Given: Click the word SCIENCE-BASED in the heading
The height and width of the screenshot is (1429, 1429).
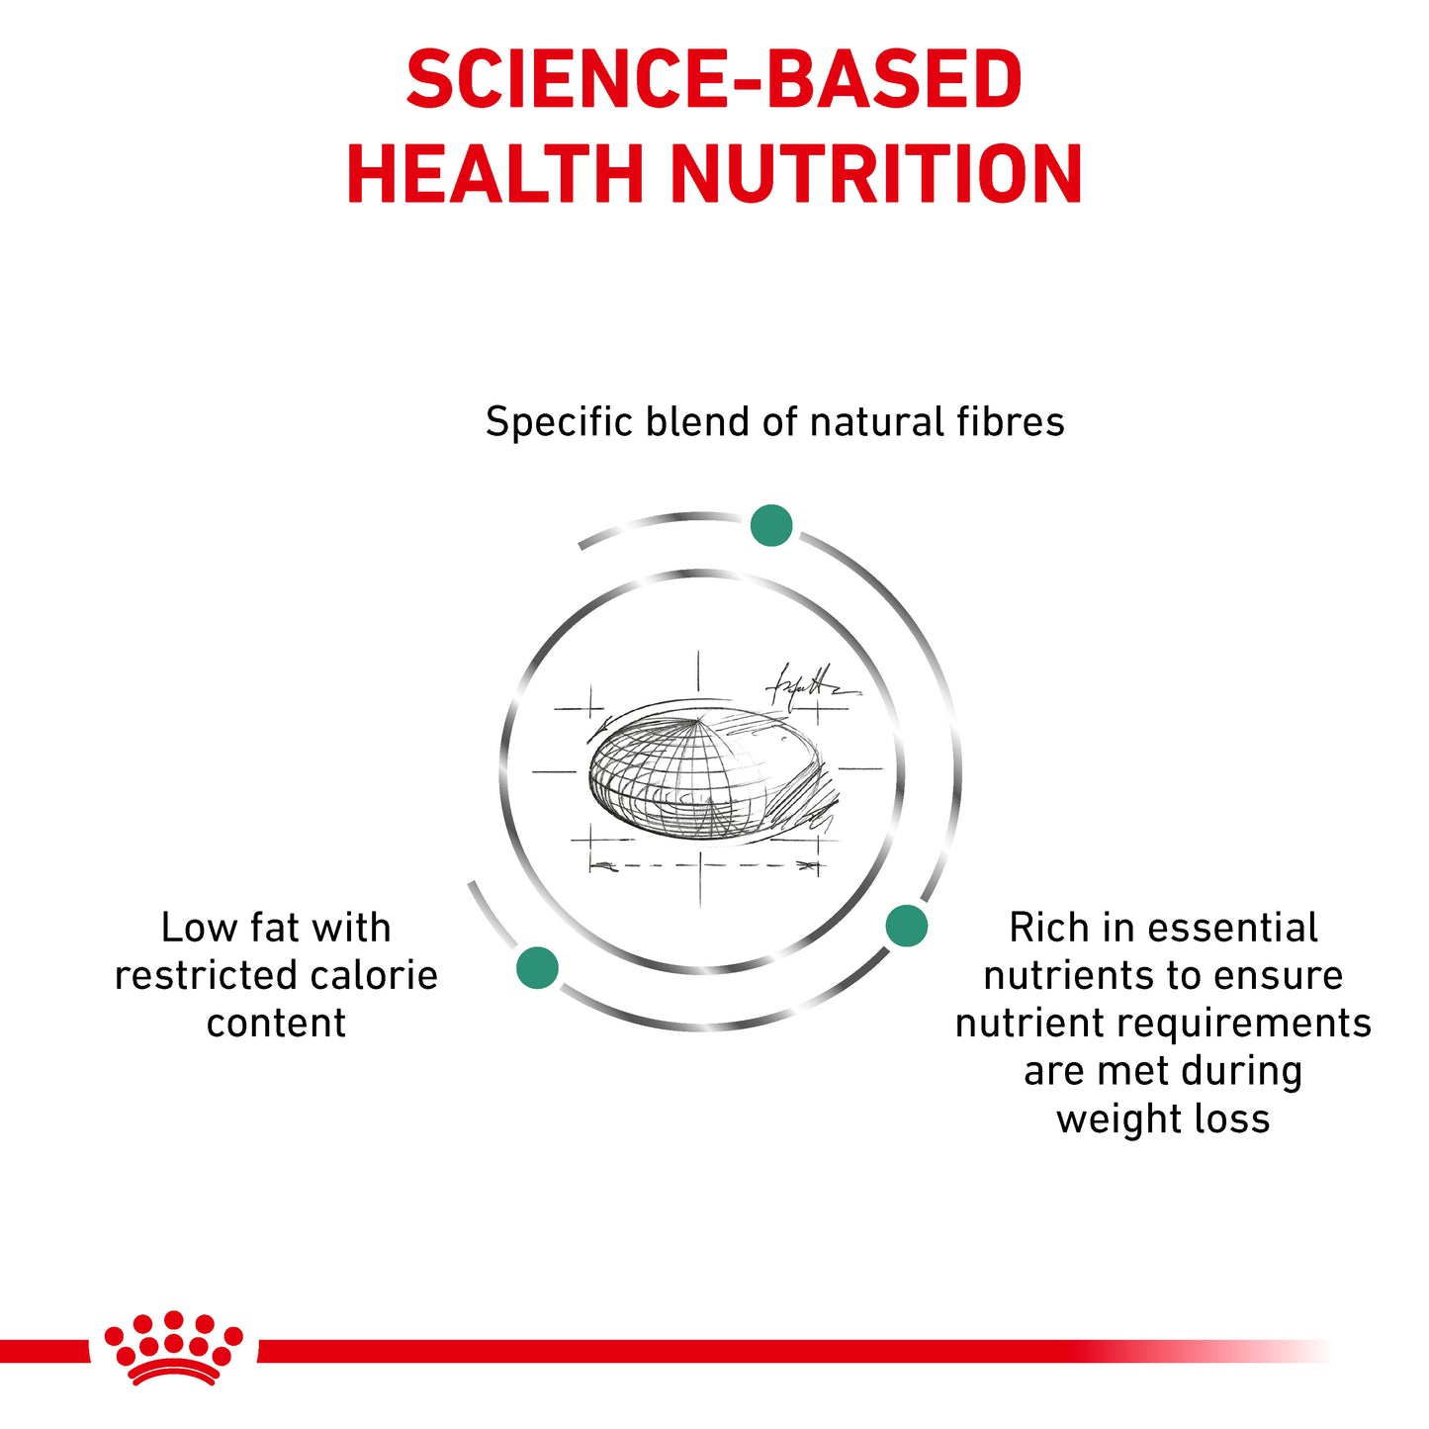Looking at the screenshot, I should point(714,80).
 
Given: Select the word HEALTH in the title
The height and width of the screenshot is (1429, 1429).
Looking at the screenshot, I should point(494,174).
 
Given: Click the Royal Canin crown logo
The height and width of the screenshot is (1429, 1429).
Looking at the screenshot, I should point(173,1347).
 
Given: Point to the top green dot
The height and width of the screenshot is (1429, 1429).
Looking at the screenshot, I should point(771,525).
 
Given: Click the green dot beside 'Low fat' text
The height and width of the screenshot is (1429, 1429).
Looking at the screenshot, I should point(537,967).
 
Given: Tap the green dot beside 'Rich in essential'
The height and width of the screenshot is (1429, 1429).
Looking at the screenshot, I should point(906,927).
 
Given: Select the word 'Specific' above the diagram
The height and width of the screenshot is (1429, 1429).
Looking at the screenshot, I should point(559,422).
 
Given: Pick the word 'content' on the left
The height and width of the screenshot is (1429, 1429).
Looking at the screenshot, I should point(276,1024).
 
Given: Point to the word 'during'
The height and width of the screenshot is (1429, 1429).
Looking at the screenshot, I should point(1241,1071).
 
